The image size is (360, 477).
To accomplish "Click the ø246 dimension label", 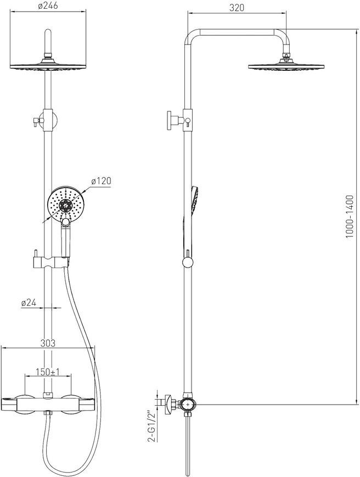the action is click(x=48, y=6).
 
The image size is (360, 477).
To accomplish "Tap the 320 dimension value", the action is click(x=237, y=8).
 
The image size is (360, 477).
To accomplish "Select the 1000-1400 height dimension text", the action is click(x=350, y=217).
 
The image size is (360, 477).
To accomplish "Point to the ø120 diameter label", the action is click(x=102, y=181).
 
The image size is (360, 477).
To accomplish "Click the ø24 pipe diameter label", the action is click(x=29, y=303).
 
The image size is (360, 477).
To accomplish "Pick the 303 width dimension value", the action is click(x=48, y=343).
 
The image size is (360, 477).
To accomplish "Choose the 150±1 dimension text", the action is click(x=48, y=372).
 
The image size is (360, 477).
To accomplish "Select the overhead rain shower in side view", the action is click(x=286, y=65).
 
